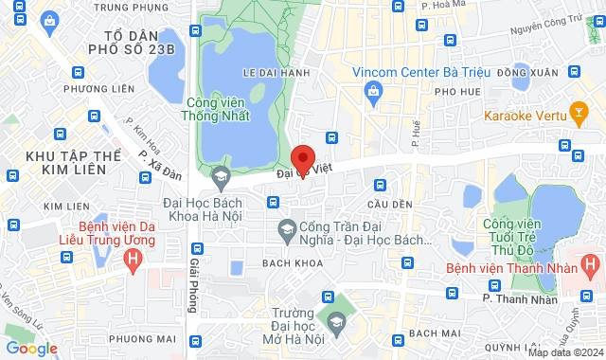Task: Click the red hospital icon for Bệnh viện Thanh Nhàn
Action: point(590,262)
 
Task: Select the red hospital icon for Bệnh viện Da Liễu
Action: point(134,257)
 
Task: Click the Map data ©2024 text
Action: point(564,352)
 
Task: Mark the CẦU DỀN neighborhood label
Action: point(390,204)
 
